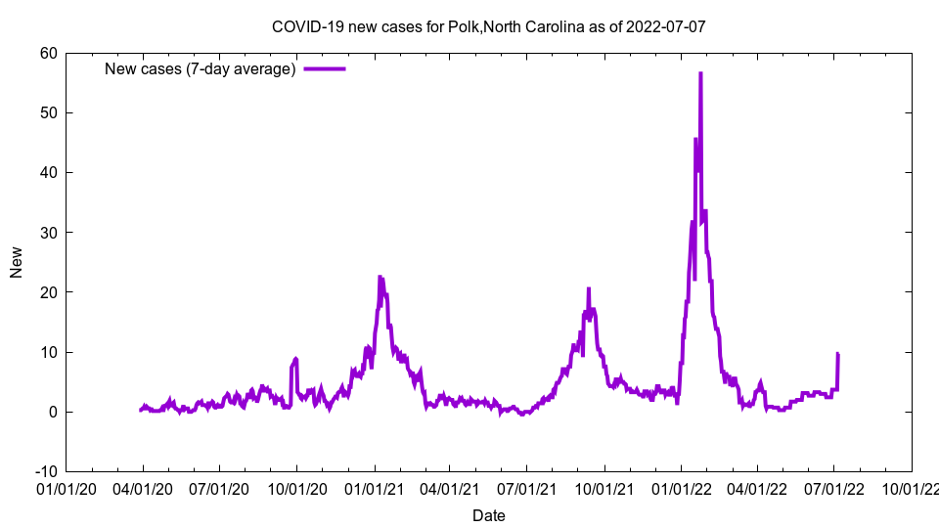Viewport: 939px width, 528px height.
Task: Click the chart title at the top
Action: (488, 26)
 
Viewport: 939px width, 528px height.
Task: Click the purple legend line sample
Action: (325, 68)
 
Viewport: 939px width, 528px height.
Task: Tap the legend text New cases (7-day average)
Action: (201, 68)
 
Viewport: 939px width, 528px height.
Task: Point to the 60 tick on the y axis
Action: (48, 53)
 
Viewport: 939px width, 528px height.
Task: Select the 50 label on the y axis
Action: (48, 112)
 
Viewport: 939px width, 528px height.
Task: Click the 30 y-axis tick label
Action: (48, 233)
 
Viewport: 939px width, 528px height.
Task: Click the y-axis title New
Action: (17, 262)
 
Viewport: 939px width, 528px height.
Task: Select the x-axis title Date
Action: (488, 515)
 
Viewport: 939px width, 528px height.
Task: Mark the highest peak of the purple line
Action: (700, 73)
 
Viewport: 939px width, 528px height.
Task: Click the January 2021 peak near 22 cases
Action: (380, 277)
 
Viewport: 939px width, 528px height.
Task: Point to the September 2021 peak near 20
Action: (589, 289)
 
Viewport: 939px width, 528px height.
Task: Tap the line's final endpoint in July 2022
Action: (838, 354)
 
